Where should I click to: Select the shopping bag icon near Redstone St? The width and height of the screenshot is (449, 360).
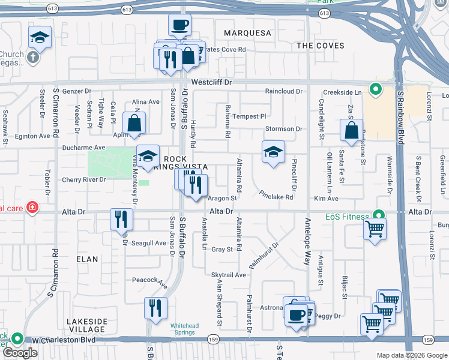click(352, 129)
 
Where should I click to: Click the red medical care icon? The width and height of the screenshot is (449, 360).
click(31, 208)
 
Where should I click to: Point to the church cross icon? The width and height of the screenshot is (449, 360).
click(34, 59)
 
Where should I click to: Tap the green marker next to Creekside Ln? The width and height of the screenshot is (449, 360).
click(376, 90)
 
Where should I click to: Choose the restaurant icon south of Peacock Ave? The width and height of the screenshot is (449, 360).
click(155, 308)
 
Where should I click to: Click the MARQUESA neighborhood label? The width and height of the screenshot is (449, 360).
click(248, 32)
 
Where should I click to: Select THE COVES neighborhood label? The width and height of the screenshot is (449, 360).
click(321, 46)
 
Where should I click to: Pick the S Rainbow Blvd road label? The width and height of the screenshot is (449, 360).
click(399, 119)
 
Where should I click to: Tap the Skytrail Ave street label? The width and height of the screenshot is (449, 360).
click(229, 275)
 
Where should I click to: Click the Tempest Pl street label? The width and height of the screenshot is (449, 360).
click(249, 116)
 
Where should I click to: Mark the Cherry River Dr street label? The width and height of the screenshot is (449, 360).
click(83, 179)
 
